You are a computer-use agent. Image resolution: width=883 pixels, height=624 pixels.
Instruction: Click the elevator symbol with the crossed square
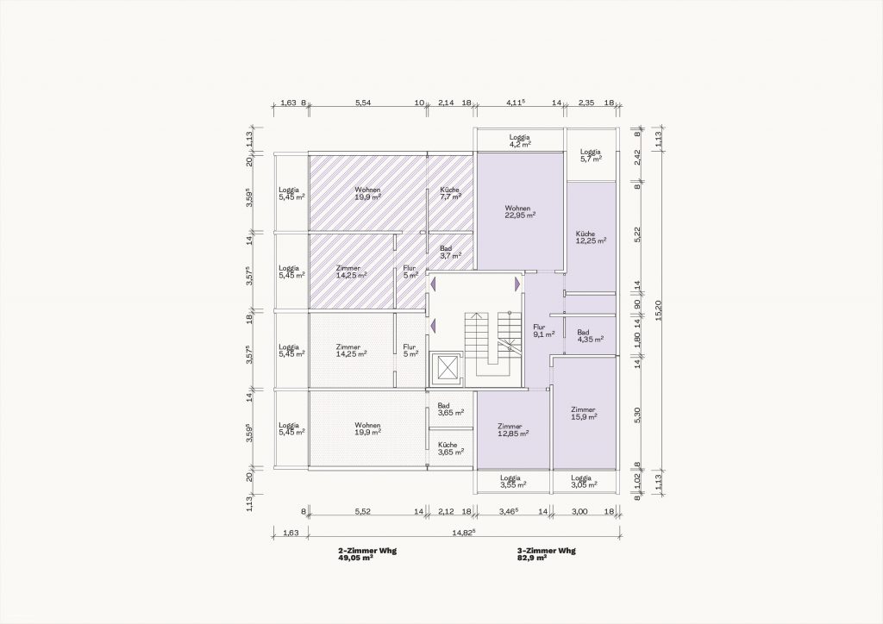[446, 370]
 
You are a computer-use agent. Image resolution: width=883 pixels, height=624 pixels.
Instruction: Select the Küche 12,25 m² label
[591, 237]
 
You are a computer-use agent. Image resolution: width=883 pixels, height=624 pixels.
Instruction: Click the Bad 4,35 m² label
[590, 336]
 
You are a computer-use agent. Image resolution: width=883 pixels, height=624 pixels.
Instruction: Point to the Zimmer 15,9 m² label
[583, 413]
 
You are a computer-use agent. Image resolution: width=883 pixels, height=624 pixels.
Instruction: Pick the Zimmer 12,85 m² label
[513, 430]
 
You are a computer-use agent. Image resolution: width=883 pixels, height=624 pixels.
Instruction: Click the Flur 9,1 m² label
[544, 330]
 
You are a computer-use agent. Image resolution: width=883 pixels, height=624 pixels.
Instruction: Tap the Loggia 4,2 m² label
[520, 140]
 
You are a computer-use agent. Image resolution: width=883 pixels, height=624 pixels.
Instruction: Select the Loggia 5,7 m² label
[591, 155]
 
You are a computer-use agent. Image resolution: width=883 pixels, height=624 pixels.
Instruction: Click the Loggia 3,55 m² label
[513, 481]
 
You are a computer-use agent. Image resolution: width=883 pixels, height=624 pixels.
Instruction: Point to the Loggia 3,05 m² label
[584, 481]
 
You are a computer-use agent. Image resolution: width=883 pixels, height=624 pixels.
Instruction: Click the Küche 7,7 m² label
[450, 193]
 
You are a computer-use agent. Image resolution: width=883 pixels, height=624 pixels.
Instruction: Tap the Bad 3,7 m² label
[450, 252]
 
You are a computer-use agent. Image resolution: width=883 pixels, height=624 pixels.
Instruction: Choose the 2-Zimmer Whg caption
[367, 550]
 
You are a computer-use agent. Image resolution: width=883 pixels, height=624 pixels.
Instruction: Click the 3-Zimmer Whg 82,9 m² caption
[546, 554]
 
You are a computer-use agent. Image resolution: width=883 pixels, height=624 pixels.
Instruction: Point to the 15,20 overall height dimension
[659, 310]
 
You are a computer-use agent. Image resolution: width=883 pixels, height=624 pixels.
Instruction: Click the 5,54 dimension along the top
[363, 103]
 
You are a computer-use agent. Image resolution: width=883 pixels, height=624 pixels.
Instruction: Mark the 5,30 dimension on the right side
[637, 415]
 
